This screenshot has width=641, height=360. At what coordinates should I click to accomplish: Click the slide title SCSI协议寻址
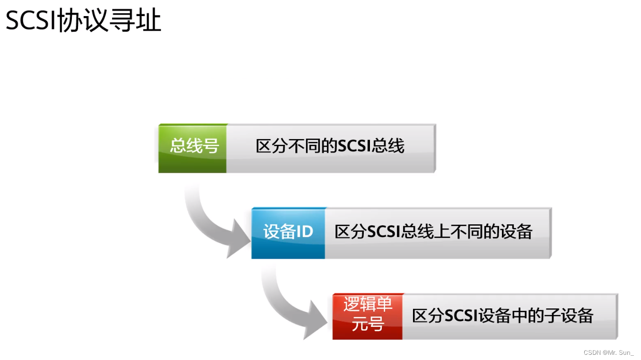coord(84,21)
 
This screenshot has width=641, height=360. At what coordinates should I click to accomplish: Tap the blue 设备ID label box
coord(288,232)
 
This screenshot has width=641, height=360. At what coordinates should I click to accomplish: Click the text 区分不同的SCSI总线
coord(330,147)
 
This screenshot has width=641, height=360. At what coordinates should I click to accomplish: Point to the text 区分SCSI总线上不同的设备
coord(433,232)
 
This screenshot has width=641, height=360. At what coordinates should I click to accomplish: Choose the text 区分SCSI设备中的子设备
coord(502,316)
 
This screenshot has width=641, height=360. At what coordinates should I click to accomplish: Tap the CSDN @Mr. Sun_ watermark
coord(608,352)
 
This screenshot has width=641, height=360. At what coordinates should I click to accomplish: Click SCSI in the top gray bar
coord(354,147)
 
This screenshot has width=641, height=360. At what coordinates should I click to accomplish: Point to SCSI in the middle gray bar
coord(384,232)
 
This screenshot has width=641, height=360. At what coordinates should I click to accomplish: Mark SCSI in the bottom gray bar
coord(461,316)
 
